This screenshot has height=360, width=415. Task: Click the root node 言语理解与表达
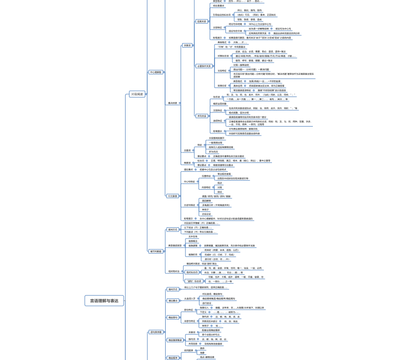104,301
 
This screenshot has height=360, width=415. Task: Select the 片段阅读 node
137,94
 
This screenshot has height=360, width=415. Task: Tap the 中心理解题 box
156,72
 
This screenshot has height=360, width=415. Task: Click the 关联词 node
187,46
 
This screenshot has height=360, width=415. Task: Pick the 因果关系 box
201,21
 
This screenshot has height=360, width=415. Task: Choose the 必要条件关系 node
204,66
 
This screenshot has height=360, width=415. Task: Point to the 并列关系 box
201,116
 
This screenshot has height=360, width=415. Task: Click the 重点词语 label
173,103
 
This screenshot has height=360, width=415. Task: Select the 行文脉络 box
173,196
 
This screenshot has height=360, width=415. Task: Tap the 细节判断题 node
156,251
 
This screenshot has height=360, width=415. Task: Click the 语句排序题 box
156,332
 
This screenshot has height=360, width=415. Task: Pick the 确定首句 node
173,318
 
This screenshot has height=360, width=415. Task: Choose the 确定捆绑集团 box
175,340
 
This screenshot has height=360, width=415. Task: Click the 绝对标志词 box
192,272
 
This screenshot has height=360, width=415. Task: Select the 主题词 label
187,151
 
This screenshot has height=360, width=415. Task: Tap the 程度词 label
187,163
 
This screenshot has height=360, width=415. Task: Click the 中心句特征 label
189,181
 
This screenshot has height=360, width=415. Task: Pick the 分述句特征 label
189,205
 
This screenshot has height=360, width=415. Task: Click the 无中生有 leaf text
193,236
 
